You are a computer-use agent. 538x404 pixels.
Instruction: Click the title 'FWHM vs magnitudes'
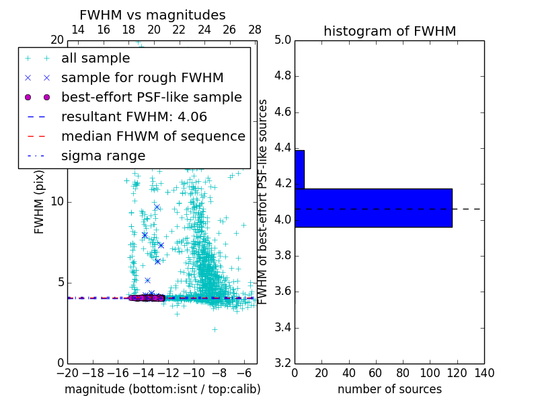pos(152,15)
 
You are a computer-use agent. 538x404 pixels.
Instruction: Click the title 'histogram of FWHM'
pos(389,31)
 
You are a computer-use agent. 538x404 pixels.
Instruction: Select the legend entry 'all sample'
pos(95,59)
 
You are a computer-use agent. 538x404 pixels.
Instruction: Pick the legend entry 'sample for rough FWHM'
pos(142,77)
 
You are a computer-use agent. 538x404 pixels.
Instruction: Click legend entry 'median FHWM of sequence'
pos(153,136)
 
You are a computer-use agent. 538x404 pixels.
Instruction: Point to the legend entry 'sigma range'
pos(103,156)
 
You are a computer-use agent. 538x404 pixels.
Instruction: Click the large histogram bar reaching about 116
pos(373,207)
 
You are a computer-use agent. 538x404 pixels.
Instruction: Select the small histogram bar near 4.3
pos(299,169)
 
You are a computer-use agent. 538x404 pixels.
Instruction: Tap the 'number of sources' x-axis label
pos(389,389)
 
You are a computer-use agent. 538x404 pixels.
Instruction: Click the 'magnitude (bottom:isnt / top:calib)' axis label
pos(162,389)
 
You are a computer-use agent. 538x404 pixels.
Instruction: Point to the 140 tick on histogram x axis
pos(484,373)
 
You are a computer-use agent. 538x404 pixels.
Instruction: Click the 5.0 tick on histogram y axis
pos(282,40)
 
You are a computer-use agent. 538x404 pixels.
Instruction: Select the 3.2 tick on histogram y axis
pos(282,364)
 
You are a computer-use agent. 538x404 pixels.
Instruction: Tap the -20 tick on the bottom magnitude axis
pos(67,373)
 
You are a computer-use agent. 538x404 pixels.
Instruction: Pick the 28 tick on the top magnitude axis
pos(255,30)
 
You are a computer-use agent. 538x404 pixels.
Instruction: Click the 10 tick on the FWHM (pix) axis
pos(57,202)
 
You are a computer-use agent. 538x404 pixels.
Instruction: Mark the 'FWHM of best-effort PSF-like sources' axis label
pos(264,201)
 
